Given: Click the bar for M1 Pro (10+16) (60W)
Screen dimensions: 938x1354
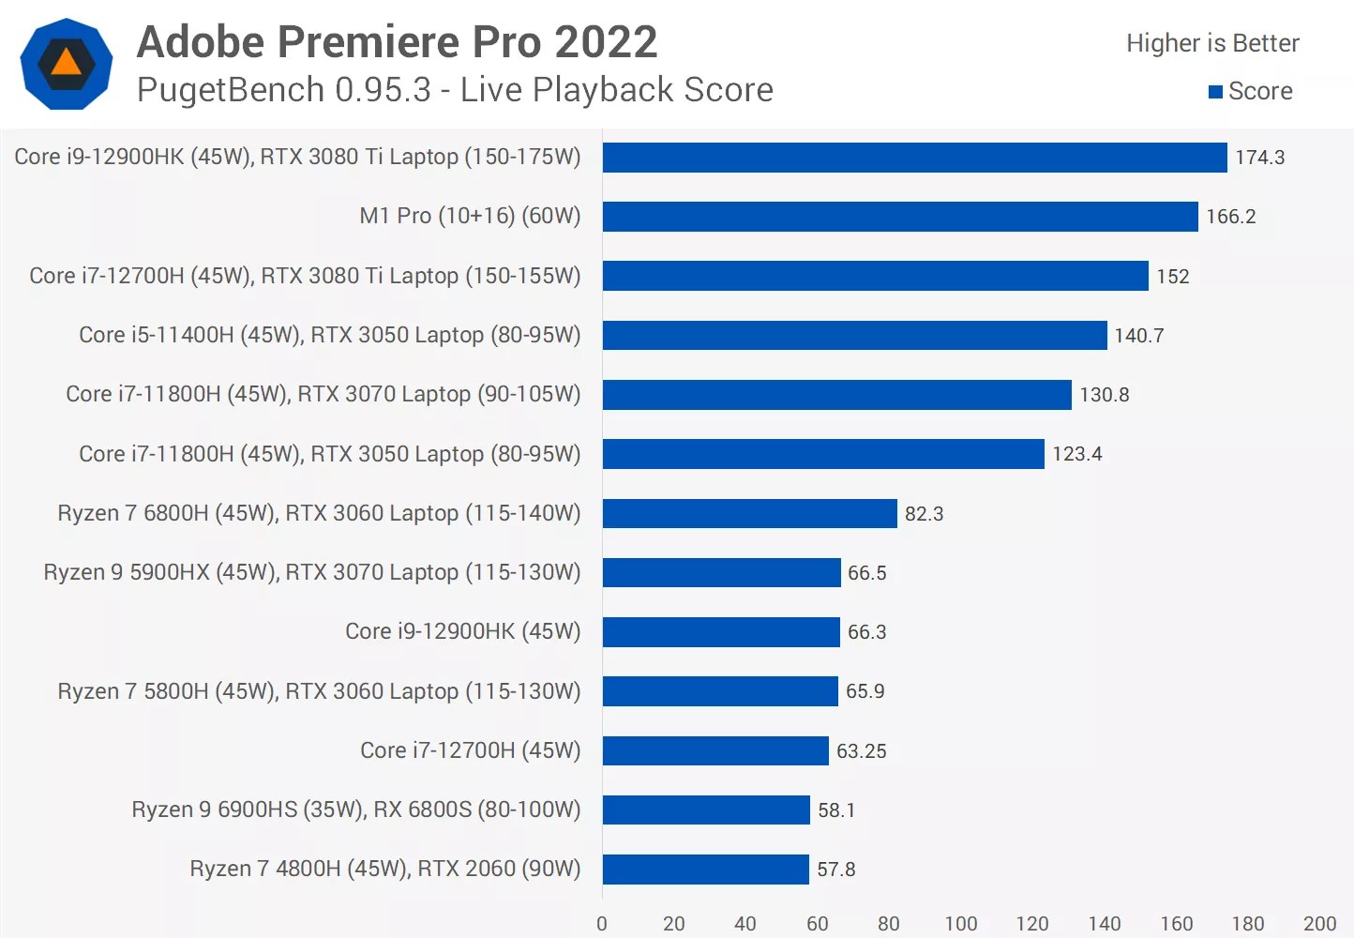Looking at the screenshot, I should [x=900, y=217].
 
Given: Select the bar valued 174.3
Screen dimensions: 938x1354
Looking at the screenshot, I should [x=914, y=158].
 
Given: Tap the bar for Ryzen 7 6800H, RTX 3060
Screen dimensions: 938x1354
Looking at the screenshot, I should [x=749, y=513].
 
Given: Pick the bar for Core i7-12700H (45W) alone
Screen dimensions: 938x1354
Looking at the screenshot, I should [x=715, y=750].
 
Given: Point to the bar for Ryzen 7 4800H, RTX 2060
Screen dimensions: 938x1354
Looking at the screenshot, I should [x=705, y=870].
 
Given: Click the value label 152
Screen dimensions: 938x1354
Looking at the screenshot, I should [x=1172, y=277].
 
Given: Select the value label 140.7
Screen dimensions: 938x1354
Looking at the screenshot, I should [x=1138, y=336].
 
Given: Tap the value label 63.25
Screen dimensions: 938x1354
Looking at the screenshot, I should [x=861, y=751].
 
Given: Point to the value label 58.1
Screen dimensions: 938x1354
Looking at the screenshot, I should [x=835, y=810].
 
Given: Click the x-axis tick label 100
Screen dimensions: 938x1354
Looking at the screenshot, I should [x=960, y=924].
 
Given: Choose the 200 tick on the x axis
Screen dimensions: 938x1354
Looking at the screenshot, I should [x=1319, y=924].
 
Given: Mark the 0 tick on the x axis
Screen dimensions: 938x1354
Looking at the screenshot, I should [x=602, y=924].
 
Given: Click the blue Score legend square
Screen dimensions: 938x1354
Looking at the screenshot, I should [x=1215, y=92].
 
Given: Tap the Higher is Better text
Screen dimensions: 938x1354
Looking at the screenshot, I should [x=1212, y=43].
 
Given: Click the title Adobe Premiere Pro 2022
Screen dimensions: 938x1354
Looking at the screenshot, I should [x=397, y=42].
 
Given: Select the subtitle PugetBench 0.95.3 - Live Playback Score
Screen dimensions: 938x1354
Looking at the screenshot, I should [x=455, y=90].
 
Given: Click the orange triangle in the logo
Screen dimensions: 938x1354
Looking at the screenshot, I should [x=67, y=63].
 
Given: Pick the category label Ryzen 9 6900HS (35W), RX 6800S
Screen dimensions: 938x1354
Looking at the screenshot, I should [x=355, y=809].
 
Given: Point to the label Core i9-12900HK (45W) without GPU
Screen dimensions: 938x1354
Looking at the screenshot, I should [x=462, y=631].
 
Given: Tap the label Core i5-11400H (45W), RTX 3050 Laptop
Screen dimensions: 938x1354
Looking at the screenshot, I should [x=329, y=335].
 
